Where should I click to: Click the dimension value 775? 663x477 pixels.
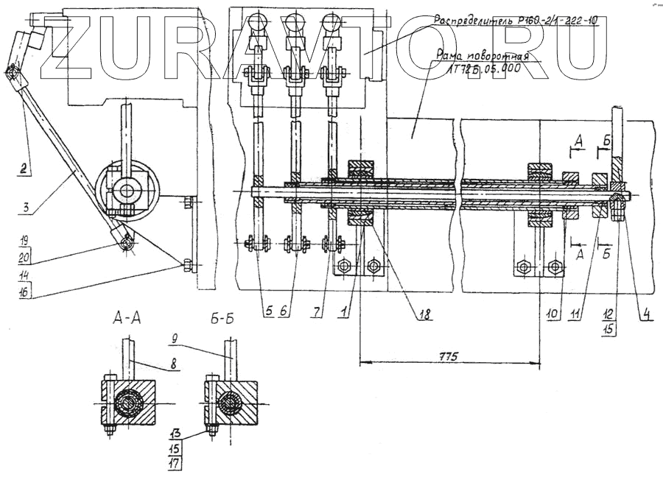pos(449,356)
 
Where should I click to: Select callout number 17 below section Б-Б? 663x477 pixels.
pos(175,463)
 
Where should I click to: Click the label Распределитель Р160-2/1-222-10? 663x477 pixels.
pos(514,21)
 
